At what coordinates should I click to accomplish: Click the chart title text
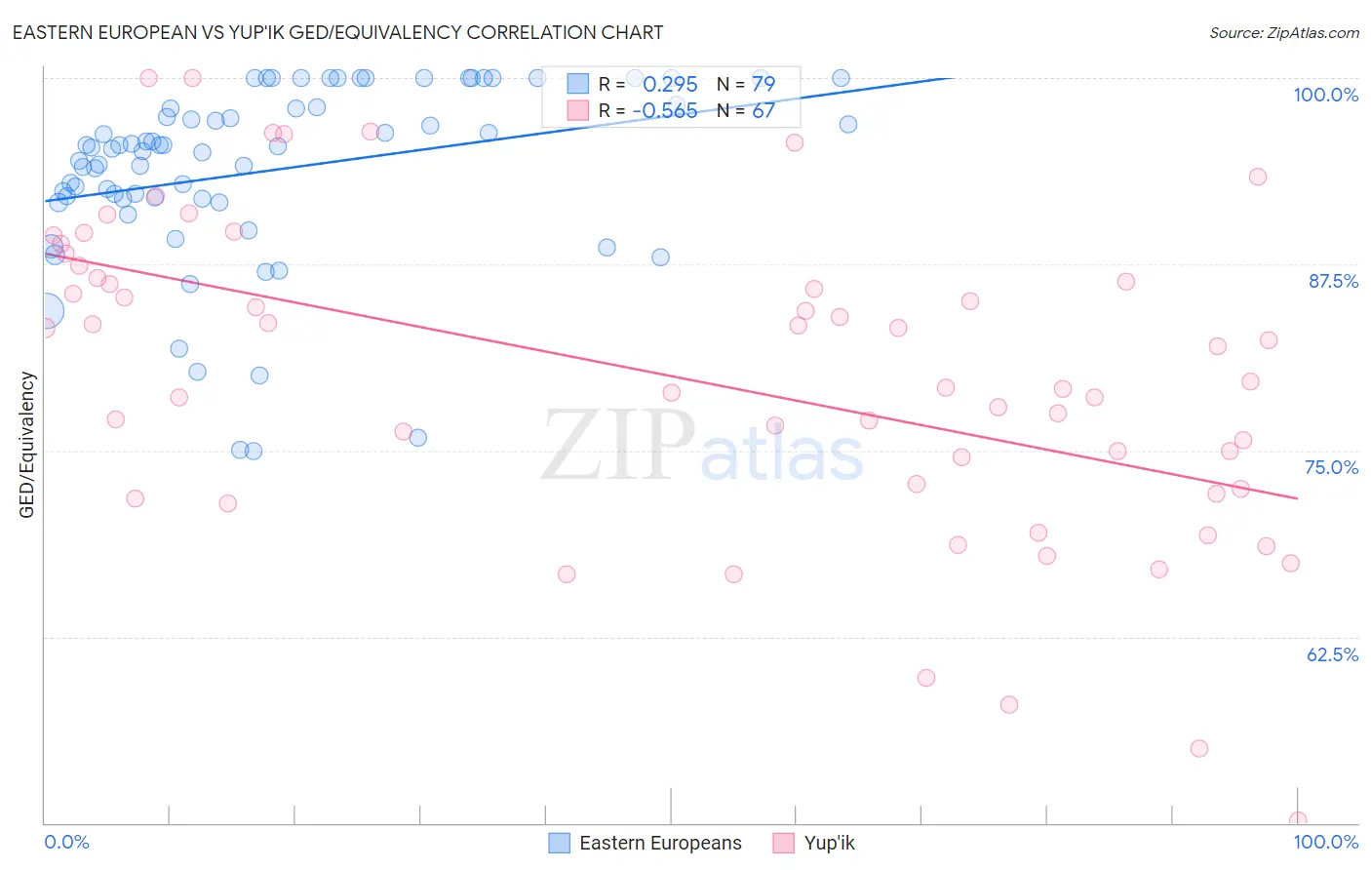point(337,32)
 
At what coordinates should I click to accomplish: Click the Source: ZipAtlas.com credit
point(1283,33)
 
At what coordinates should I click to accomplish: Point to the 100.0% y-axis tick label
point(1325,95)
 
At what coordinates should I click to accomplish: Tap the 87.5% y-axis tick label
point(1332,281)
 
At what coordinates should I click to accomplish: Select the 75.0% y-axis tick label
point(1331,467)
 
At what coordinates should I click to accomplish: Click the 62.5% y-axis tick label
point(1332,654)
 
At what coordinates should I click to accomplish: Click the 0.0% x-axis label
point(66,842)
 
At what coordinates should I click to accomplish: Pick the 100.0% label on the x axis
point(1325,842)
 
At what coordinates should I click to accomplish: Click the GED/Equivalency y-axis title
point(27,445)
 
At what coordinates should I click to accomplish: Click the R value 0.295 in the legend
point(670,85)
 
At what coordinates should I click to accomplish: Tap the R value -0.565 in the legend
point(665,111)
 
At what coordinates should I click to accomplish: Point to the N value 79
point(763,85)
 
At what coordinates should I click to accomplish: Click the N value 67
point(763,111)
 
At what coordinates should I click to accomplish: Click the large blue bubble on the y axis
point(45,311)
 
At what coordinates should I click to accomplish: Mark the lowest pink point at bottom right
point(1297,820)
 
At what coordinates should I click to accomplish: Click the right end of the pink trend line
point(1297,498)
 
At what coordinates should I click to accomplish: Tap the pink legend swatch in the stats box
point(578,110)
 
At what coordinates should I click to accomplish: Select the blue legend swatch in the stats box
point(578,84)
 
